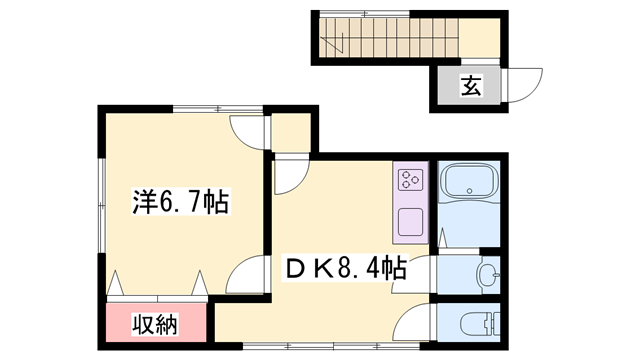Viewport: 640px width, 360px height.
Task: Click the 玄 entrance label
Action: [x=470, y=87]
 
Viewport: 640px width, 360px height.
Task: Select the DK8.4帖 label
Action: [x=346, y=268]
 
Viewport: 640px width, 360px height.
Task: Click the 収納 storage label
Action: [x=156, y=324]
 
